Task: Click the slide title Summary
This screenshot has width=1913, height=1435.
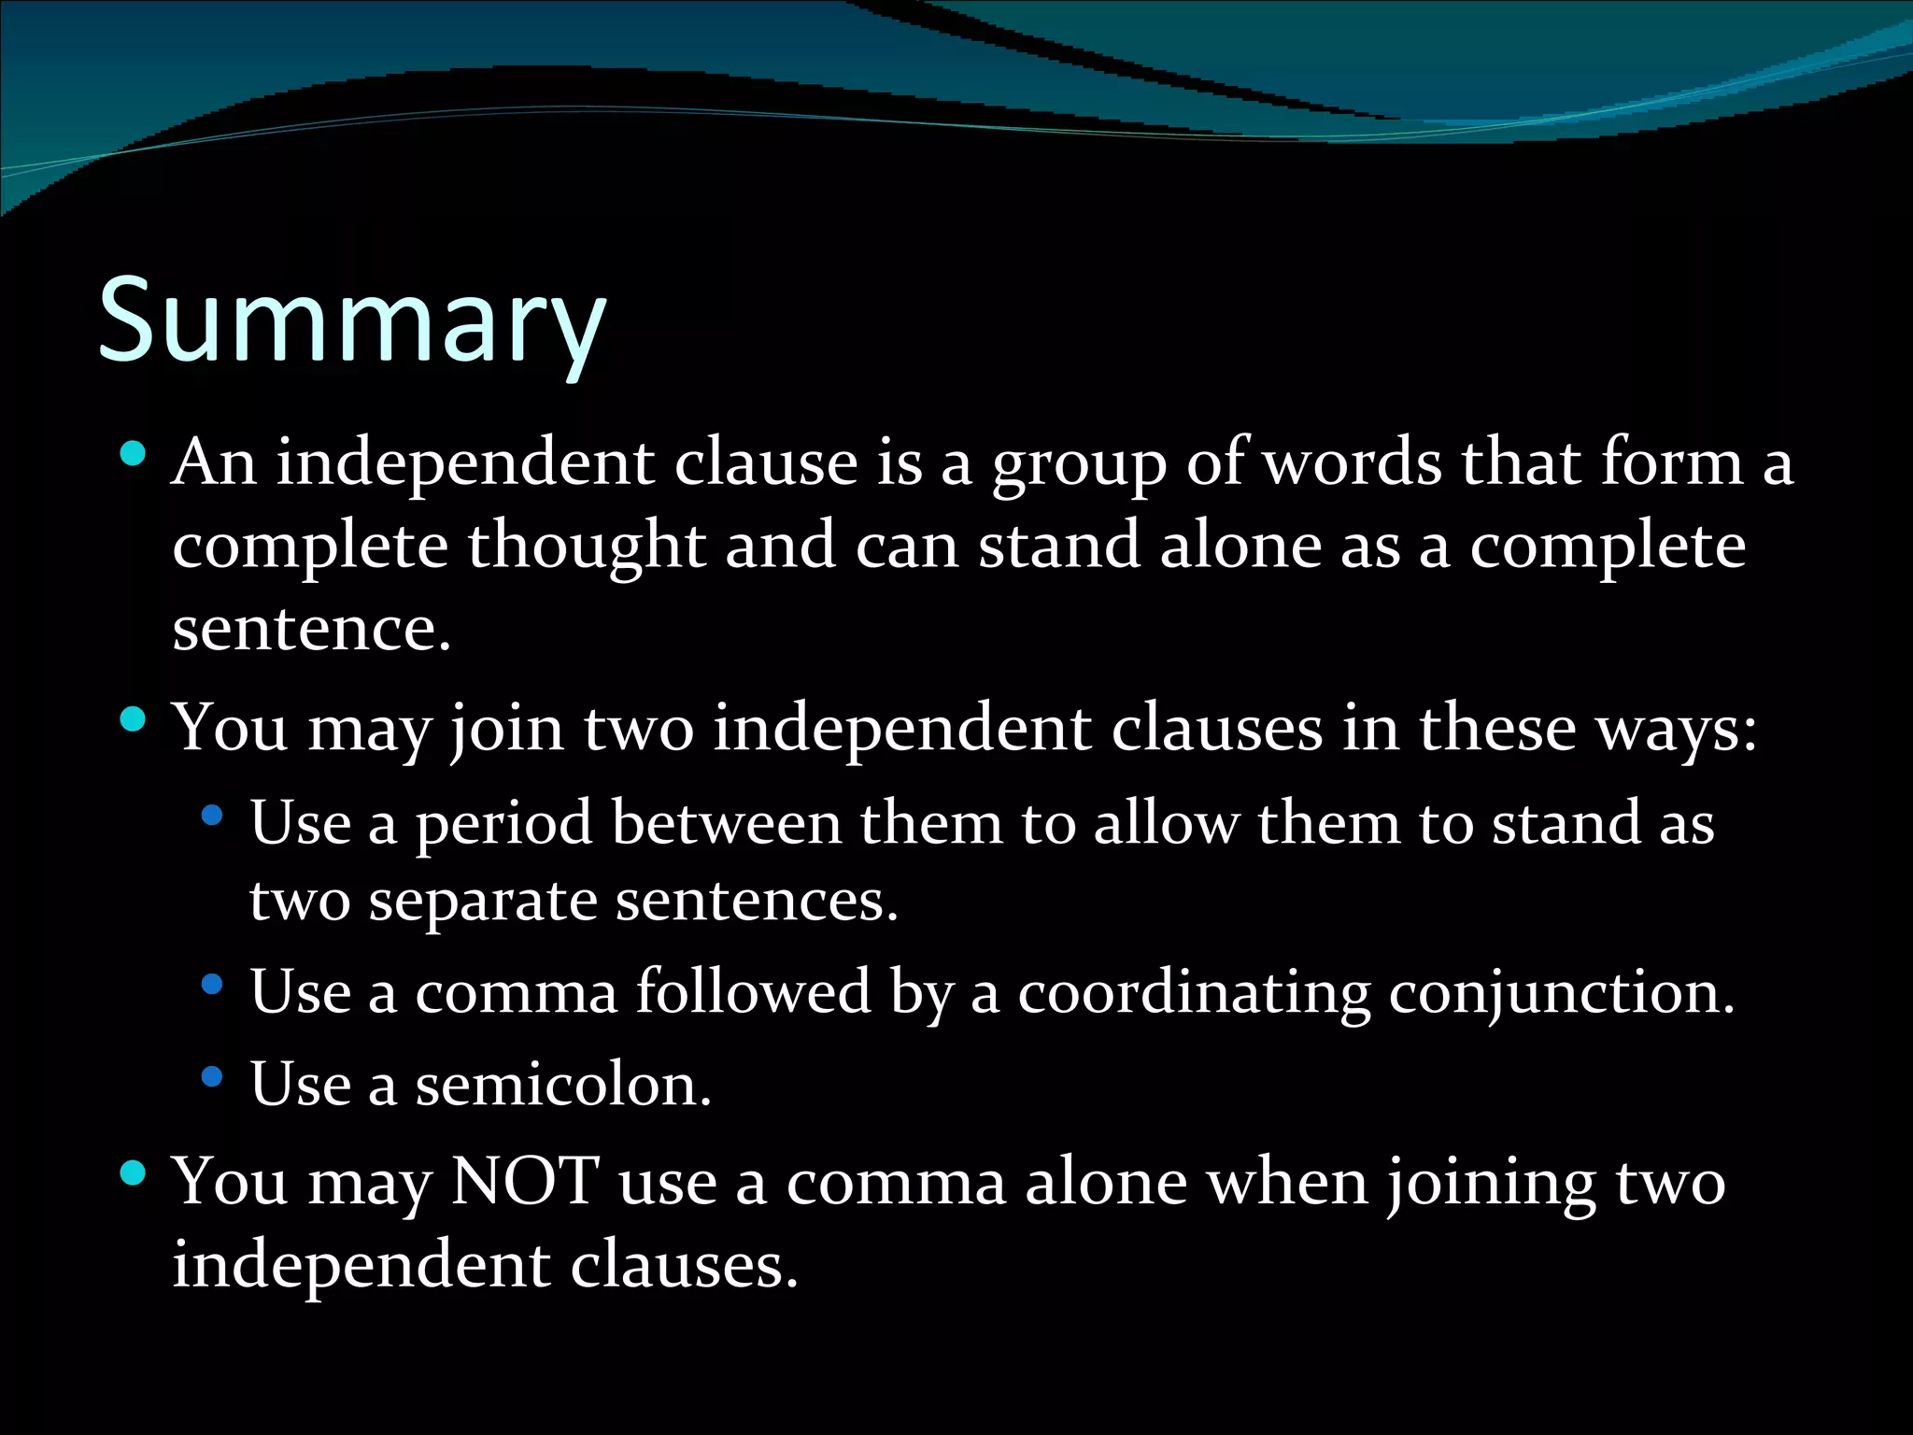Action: point(352,322)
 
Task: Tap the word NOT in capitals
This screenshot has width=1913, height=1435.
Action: point(525,1181)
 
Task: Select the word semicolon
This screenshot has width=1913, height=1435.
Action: point(562,1086)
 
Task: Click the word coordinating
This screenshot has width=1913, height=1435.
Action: point(1194,992)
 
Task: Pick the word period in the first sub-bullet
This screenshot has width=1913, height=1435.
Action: point(503,824)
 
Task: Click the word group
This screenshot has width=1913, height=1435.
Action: point(1079,464)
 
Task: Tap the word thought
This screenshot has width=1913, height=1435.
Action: point(587,547)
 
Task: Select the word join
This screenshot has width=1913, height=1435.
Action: point(506,729)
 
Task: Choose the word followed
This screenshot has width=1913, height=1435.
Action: point(753,992)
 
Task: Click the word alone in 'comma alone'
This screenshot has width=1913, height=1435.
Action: point(1107,1183)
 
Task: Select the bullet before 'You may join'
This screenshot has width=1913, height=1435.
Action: point(134,720)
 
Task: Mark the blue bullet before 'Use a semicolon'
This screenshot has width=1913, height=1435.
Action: point(212,1077)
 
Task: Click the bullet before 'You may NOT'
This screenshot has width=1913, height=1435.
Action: point(134,1173)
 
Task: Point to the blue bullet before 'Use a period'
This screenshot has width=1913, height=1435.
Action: point(212,816)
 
